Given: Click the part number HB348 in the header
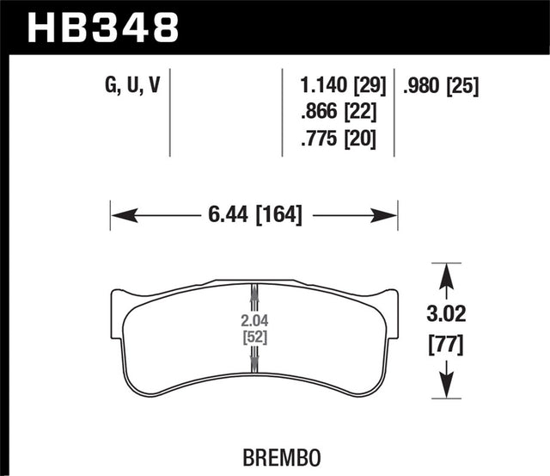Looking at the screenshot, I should (x=104, y=26).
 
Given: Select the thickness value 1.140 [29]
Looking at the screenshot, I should (x=337, y=85).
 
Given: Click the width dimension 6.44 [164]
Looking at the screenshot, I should (x=254, y=213).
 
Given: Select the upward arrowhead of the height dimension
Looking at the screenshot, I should (x=446, y=274).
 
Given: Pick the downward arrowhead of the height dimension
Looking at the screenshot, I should (x=446, y=388).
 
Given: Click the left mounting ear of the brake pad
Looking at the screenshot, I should (x=118, y=304).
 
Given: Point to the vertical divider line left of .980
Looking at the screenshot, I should (x=394, y=112).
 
